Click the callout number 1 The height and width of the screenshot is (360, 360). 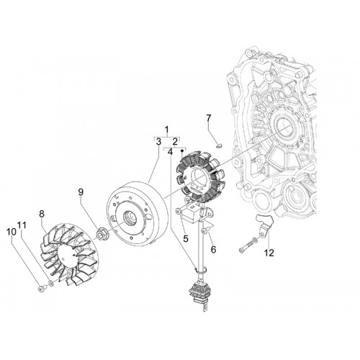(x=167, y=130)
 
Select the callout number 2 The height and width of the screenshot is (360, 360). (x=175, y=141)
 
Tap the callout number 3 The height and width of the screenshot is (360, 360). (x=158, y=142)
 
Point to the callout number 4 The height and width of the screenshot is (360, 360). (x=170, y=152)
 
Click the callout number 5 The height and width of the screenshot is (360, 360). (x=186, y=238)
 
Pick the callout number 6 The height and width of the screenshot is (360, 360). (x=213, y=249)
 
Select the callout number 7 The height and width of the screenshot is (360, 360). (x=208, y=118)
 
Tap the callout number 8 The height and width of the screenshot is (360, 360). (x=42, y=214)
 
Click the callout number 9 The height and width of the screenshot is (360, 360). (x=81, y=192)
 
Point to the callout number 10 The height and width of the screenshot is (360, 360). (x=12, y=232)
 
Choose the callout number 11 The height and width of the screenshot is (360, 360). (x=22, y=225)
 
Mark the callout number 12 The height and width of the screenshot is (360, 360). (x=269, y=253)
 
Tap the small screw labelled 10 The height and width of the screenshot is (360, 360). (x=41, y=289)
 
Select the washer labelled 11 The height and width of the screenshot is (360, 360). (x=51, y=284)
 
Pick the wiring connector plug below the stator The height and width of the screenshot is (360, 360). (x=197, y=293)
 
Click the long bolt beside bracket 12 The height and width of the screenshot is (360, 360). (x=248, y=245)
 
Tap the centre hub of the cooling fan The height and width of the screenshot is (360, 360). (x=70, y=255)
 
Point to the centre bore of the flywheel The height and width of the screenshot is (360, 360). (x=130, y=218)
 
